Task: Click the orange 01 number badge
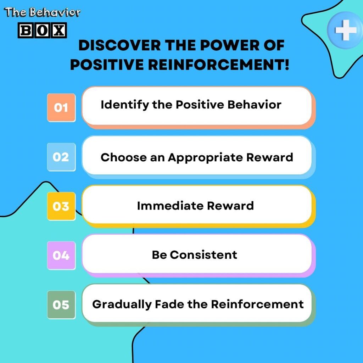[x=61, y=107]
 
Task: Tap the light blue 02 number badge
[x=61, y=157]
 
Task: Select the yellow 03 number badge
[x=61, y=206]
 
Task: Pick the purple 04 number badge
[x=61, y=255]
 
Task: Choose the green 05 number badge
[x=61, y=305]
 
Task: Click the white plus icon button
[x=346, y=30]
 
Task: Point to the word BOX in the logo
[x=42, y=31]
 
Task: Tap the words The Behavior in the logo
[x=42, y=13]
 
